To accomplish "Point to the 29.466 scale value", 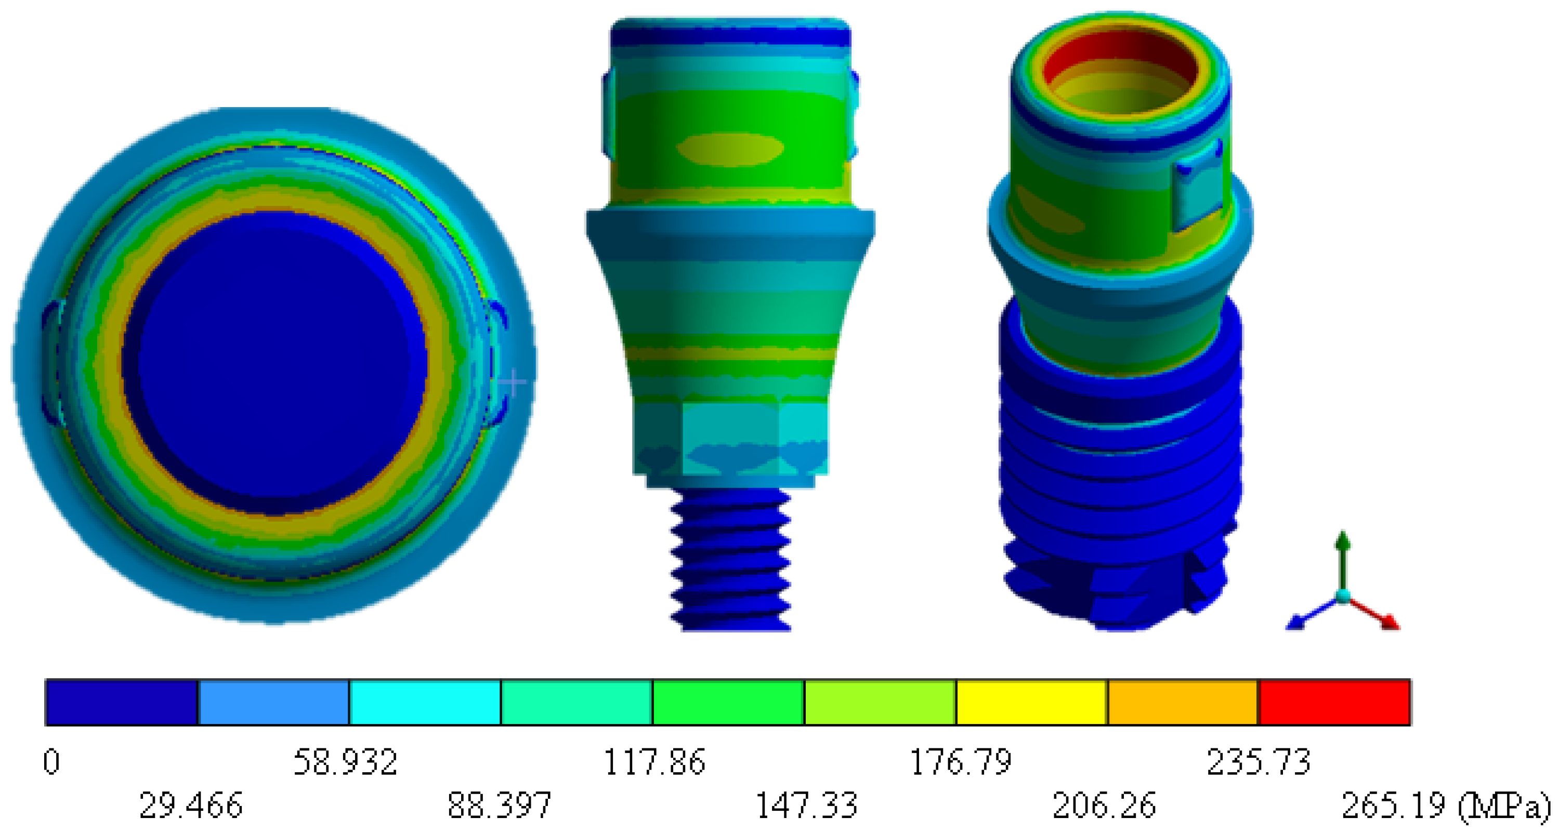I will click(x=191, y=805).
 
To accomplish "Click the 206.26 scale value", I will click(x=1104, y=805).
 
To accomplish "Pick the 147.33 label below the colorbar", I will click(x=806, y=805).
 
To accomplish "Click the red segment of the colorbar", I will click(x=1334, y=702).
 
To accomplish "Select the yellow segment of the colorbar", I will click(x=1031, y=702).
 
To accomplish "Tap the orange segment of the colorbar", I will click(x=1183, y=702).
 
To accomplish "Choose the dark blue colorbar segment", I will click(x=122, y=702).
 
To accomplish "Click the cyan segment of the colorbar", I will click(x=425, y=702).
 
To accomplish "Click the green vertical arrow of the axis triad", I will click(x=1343, y=557).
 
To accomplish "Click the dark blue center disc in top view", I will click(x=276, y=363).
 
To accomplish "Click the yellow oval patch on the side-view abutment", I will click(x=729, y=149).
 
